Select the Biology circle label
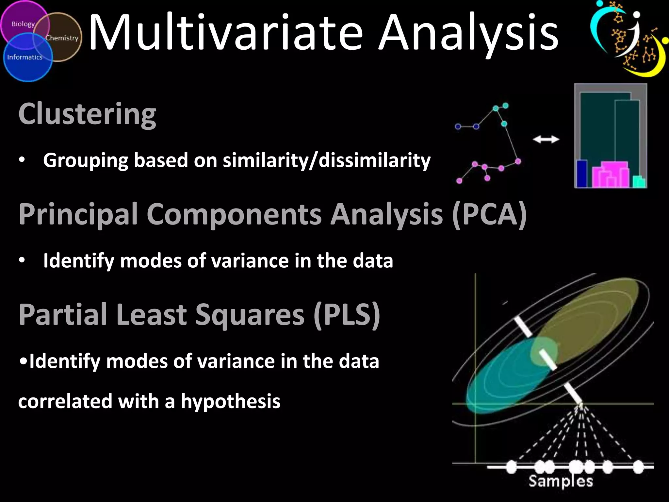23,24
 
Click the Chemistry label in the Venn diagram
62,38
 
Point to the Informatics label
25,57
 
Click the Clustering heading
87,114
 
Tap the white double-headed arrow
546,140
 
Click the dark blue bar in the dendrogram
582,174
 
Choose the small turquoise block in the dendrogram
639,182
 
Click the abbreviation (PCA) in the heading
489,214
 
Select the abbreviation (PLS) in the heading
347,314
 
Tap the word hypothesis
231,402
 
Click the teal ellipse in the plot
500,382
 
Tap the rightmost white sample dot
638,467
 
